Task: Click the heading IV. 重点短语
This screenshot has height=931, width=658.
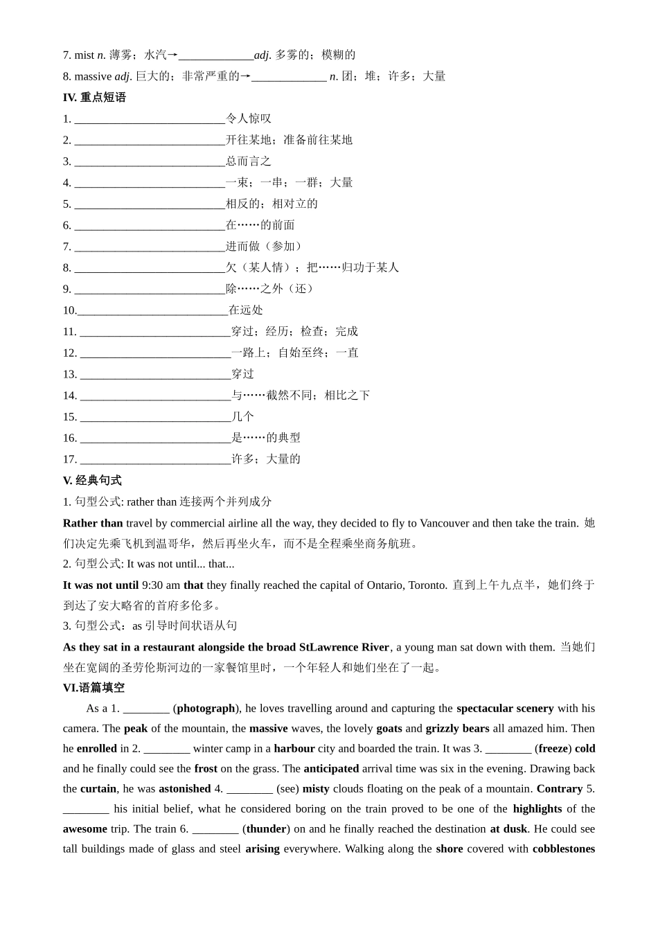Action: click(94, 98)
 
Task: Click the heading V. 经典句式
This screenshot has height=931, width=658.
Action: click(92, 480)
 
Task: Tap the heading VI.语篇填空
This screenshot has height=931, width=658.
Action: click(94, 687)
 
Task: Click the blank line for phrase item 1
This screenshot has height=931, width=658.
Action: click(150, 119)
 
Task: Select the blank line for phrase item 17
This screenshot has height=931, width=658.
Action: click(155, 459)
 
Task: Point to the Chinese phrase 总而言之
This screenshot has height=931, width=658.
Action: click(249, 161)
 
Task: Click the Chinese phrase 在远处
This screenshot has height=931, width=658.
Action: click(246, 310)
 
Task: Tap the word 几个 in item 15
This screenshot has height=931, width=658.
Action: click(243, 416)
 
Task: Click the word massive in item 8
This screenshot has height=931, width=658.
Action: click(93, 76)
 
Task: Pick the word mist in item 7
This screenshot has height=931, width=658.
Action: click(84, 55)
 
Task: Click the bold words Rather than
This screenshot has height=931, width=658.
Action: click(93, 523)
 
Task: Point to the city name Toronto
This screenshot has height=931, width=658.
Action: click(427, 585)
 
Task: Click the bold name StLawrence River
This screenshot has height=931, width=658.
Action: click(344, 647)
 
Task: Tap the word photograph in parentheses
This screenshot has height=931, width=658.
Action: click(206, 708)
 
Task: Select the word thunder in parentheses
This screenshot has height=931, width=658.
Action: click(267, 828)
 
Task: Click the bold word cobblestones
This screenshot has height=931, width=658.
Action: click(563, 849)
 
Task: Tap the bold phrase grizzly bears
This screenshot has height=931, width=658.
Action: click(457, 728)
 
